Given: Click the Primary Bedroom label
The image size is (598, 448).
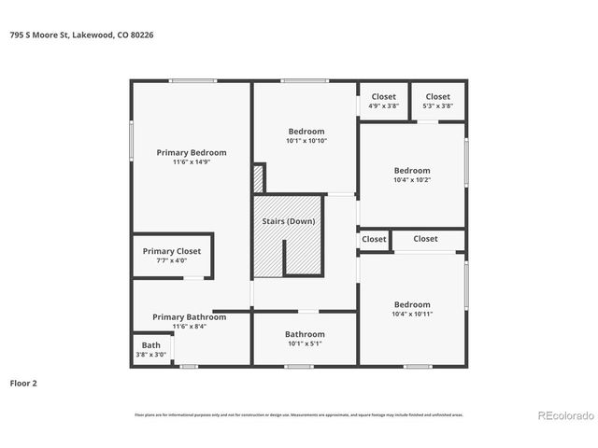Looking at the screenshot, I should (192, 152).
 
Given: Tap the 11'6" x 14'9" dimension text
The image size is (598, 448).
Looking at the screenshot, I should (192, 162).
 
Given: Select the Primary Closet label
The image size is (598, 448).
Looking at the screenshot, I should (172, 251).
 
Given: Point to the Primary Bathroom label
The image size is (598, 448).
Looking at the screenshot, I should (190, 317).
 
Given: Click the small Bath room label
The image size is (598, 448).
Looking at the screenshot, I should (150, 345).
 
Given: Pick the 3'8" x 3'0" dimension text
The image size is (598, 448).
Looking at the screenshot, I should (150, 355).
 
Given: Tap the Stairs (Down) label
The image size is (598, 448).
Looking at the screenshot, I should (288, 221).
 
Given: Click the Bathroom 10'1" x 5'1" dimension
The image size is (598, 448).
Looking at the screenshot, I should (305, 343).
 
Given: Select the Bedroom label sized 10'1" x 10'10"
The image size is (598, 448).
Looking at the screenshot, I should (306, 132).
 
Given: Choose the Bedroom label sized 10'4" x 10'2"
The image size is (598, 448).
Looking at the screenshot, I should (412, 171).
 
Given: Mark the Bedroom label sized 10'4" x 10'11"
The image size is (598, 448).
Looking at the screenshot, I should (412, 304).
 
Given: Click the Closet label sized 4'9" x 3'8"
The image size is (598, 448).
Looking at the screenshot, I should (384, 96).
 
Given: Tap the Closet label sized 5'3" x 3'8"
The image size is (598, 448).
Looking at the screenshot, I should (437, 96).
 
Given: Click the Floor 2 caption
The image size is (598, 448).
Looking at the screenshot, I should (23, 383).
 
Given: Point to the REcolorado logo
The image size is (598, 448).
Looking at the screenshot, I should (563, 415).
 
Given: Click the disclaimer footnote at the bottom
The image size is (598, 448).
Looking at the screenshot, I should (298, 415).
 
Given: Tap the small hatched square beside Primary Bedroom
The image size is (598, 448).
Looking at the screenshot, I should (258, 178).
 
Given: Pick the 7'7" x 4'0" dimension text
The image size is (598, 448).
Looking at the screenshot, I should (172, 260).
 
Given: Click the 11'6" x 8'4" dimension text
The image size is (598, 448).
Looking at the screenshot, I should (190, 327).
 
